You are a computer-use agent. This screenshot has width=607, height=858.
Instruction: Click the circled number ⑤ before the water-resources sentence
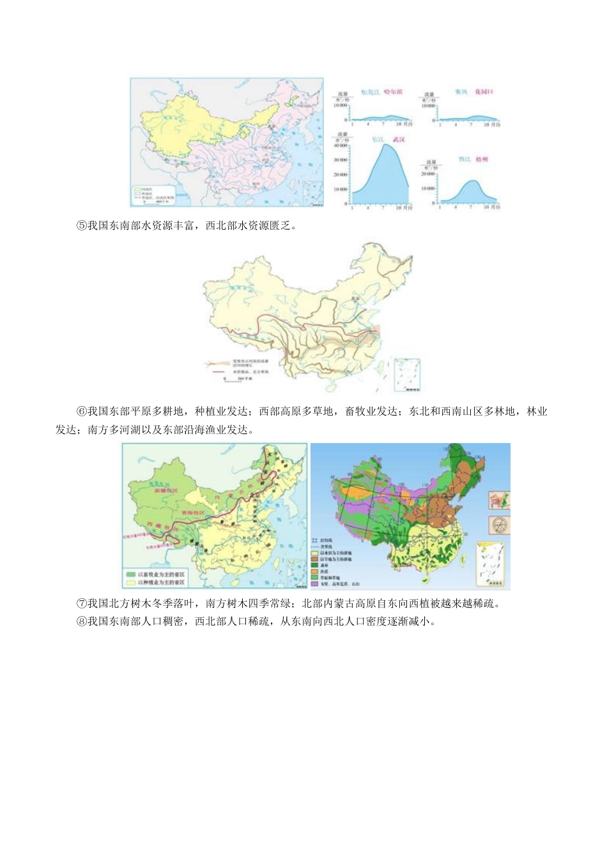81,226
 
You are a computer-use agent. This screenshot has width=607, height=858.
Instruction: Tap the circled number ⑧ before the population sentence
81,621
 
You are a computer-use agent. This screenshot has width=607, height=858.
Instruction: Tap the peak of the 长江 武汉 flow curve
387,146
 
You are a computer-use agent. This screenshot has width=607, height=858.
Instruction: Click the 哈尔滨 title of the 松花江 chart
394,92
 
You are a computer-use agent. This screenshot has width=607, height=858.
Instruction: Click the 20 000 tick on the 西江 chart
427,174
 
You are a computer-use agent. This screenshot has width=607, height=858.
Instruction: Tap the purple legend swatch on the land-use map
314,583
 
